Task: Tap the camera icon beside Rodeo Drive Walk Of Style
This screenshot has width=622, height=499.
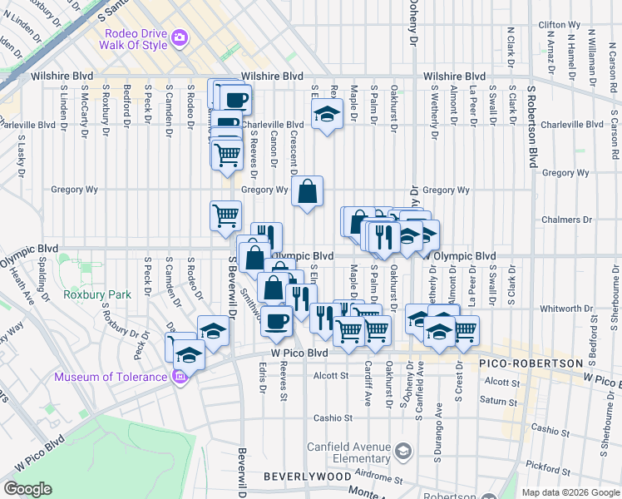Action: coord(179,38)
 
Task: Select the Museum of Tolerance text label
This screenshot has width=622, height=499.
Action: coord(111,377)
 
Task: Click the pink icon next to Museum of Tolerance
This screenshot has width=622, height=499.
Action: coord(179,377)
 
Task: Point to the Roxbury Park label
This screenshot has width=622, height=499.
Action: coord(97,294)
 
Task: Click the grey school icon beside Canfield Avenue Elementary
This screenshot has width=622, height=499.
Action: coord(403,451)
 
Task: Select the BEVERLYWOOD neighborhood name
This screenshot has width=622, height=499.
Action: coord(307,477)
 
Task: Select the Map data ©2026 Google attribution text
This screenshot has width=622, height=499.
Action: coord(570,492)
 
